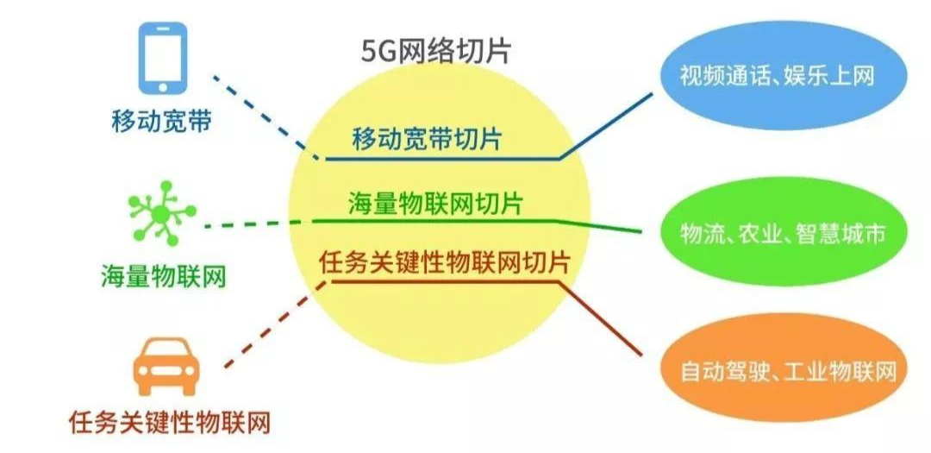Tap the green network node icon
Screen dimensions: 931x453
(160, 211)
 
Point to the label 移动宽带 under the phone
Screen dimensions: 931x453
(161, 120)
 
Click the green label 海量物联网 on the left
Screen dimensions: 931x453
(162, 276)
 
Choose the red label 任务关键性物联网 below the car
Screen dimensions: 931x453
(170, 423)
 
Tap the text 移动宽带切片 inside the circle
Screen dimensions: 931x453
(428, 139)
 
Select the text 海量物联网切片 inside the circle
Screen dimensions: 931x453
(435, 204)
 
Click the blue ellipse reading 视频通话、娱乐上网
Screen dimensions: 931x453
(784, 76)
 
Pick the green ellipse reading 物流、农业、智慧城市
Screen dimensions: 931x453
(783, 233)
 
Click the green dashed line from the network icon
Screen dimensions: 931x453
(259, 223)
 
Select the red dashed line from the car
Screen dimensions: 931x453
(267, 328)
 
